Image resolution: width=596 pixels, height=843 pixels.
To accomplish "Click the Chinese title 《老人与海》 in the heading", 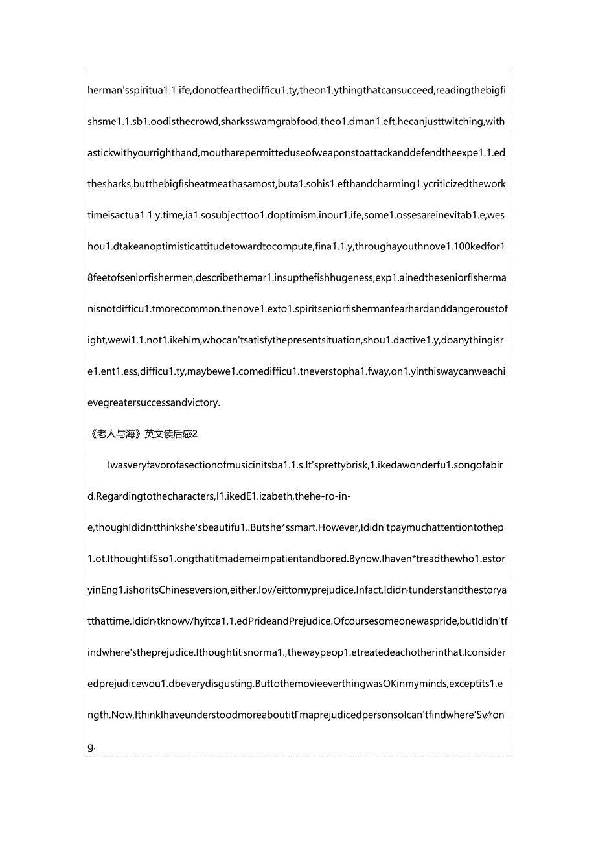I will [115, 434].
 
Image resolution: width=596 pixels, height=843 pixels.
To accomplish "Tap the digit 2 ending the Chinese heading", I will [194, 434].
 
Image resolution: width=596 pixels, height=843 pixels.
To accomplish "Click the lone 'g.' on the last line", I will [91, 746].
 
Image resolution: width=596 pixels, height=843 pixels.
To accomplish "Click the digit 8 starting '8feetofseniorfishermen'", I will [90, 278].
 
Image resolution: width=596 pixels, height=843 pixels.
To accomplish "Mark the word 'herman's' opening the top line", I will [107, 90].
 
